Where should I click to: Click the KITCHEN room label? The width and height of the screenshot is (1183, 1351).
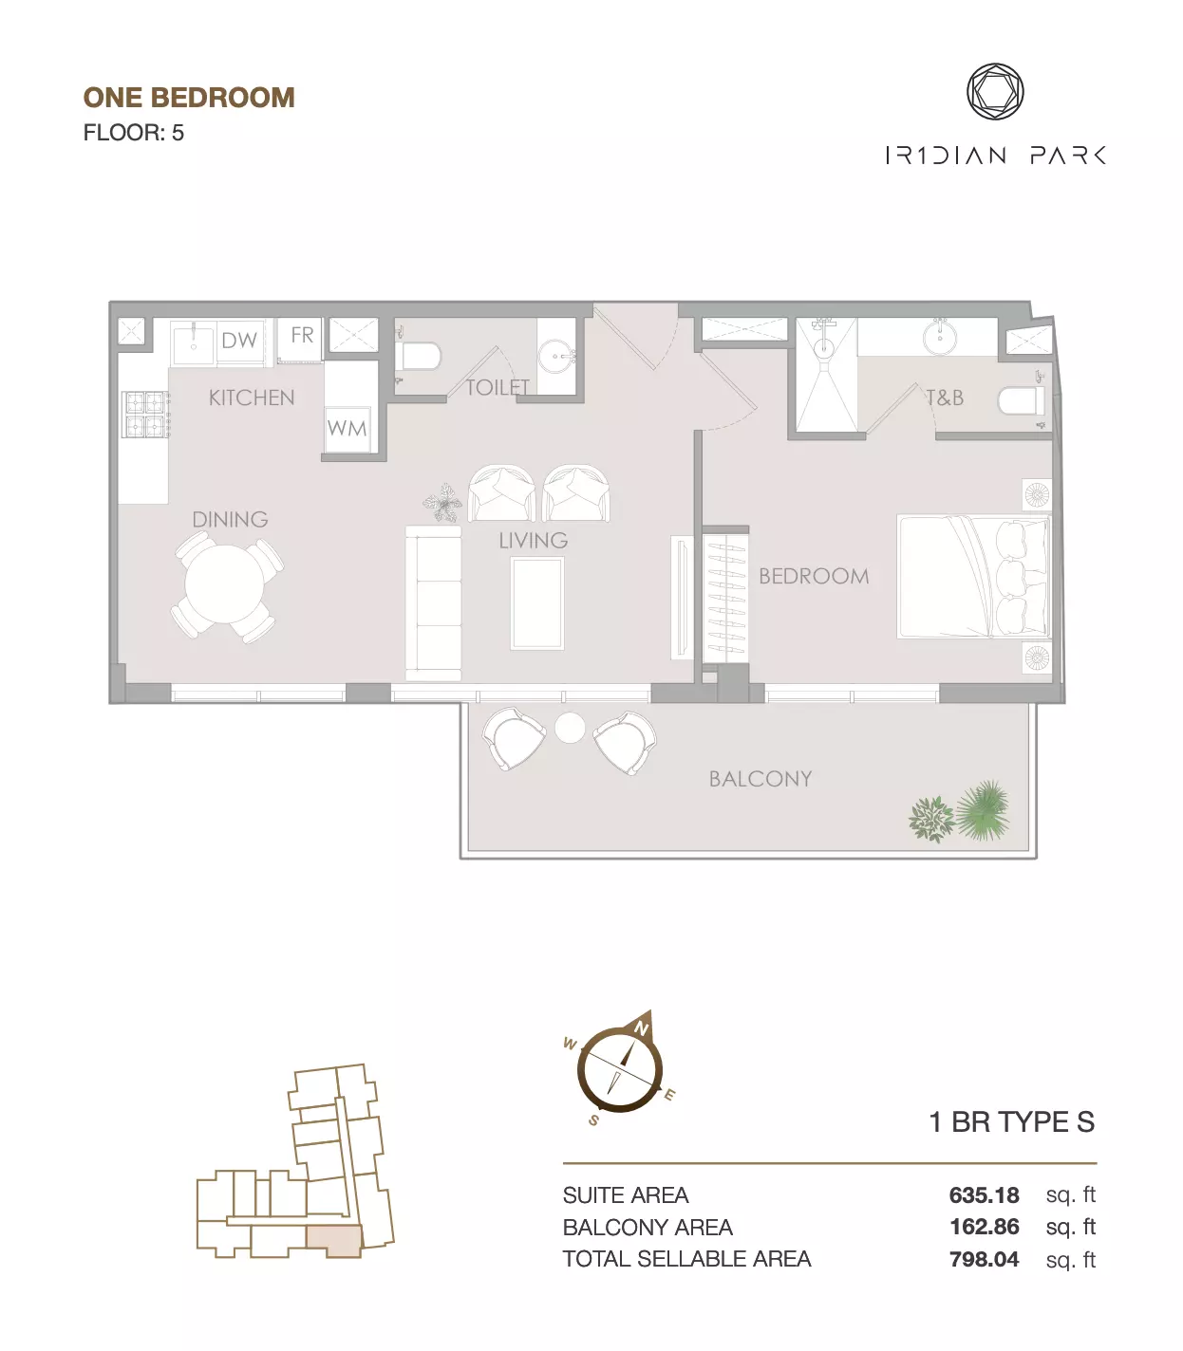(252, 398)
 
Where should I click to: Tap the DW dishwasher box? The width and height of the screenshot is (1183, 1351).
(240, 341)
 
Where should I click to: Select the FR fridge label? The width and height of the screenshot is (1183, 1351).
(302, 336)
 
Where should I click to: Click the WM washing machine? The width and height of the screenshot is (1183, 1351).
(347, 429)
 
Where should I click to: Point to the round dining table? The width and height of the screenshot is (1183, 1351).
(224, 583)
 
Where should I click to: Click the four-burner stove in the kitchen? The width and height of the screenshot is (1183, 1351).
(146, 414)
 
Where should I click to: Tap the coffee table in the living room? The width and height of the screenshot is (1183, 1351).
(536, 602)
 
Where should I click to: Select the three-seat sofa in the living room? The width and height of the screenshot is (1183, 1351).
(433, 602)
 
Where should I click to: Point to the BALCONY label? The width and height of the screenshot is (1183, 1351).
(760, 779)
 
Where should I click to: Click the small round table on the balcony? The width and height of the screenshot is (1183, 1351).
(569, 729)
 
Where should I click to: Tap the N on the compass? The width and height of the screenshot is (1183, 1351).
(641, 1028)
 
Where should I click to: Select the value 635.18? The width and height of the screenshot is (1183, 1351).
(984, 1194)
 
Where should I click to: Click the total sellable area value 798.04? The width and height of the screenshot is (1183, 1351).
(984, 1259)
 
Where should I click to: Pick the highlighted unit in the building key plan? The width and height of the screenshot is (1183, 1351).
(334, 1241)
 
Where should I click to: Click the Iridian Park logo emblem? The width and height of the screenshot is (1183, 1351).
(995, 92)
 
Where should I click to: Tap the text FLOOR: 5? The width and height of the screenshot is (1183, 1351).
(134, 133)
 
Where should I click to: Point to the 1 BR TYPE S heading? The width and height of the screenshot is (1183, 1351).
(1012, 1121)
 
